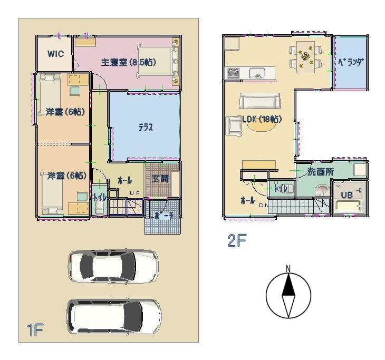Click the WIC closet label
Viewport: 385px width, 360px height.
tap(55, 54)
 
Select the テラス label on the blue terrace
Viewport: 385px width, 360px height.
tap(146, 128)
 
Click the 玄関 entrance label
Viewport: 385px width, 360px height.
tap(161, 179)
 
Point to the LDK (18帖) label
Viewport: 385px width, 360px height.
tap(262, 119)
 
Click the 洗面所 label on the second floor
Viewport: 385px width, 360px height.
tap(321, 172)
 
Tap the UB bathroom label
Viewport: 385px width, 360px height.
tap(346, 194)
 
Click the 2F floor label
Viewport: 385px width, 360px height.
tap(237, 241)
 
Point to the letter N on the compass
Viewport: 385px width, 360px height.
tap(288, 269)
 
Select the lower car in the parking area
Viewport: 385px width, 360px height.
tap(114, 316)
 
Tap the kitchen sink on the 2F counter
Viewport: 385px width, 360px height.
tap(257, 73)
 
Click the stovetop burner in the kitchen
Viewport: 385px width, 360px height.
tap(234, 73)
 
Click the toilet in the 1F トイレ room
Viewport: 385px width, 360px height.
tap(100, 207)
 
